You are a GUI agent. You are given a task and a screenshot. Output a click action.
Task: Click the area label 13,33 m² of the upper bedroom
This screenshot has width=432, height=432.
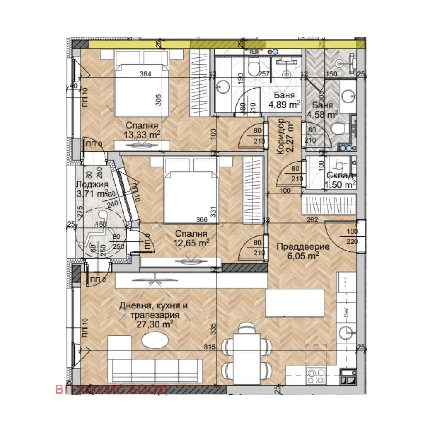[142, 134]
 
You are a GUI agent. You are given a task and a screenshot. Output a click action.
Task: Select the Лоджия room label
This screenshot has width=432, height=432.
[92, 184]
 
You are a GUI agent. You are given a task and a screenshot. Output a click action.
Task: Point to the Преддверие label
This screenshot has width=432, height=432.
[297, 247]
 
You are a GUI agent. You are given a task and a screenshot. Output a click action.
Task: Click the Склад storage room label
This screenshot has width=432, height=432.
[340, 175]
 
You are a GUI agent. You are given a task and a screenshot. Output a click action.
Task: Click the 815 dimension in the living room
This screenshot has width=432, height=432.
[209, 347]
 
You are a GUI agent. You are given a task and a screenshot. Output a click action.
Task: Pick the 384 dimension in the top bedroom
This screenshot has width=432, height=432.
[146, 74]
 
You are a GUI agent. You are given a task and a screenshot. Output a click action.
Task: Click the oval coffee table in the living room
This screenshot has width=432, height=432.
[154, 340]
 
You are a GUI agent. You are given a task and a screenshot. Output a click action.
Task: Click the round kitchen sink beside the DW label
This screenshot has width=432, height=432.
[347, 332]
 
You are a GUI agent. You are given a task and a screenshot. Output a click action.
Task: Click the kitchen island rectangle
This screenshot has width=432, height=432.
[294, 302]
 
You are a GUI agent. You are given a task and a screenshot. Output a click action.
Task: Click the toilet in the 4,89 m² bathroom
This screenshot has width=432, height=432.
[254, 67]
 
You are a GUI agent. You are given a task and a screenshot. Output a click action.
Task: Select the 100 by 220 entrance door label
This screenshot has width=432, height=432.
[352, 237]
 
